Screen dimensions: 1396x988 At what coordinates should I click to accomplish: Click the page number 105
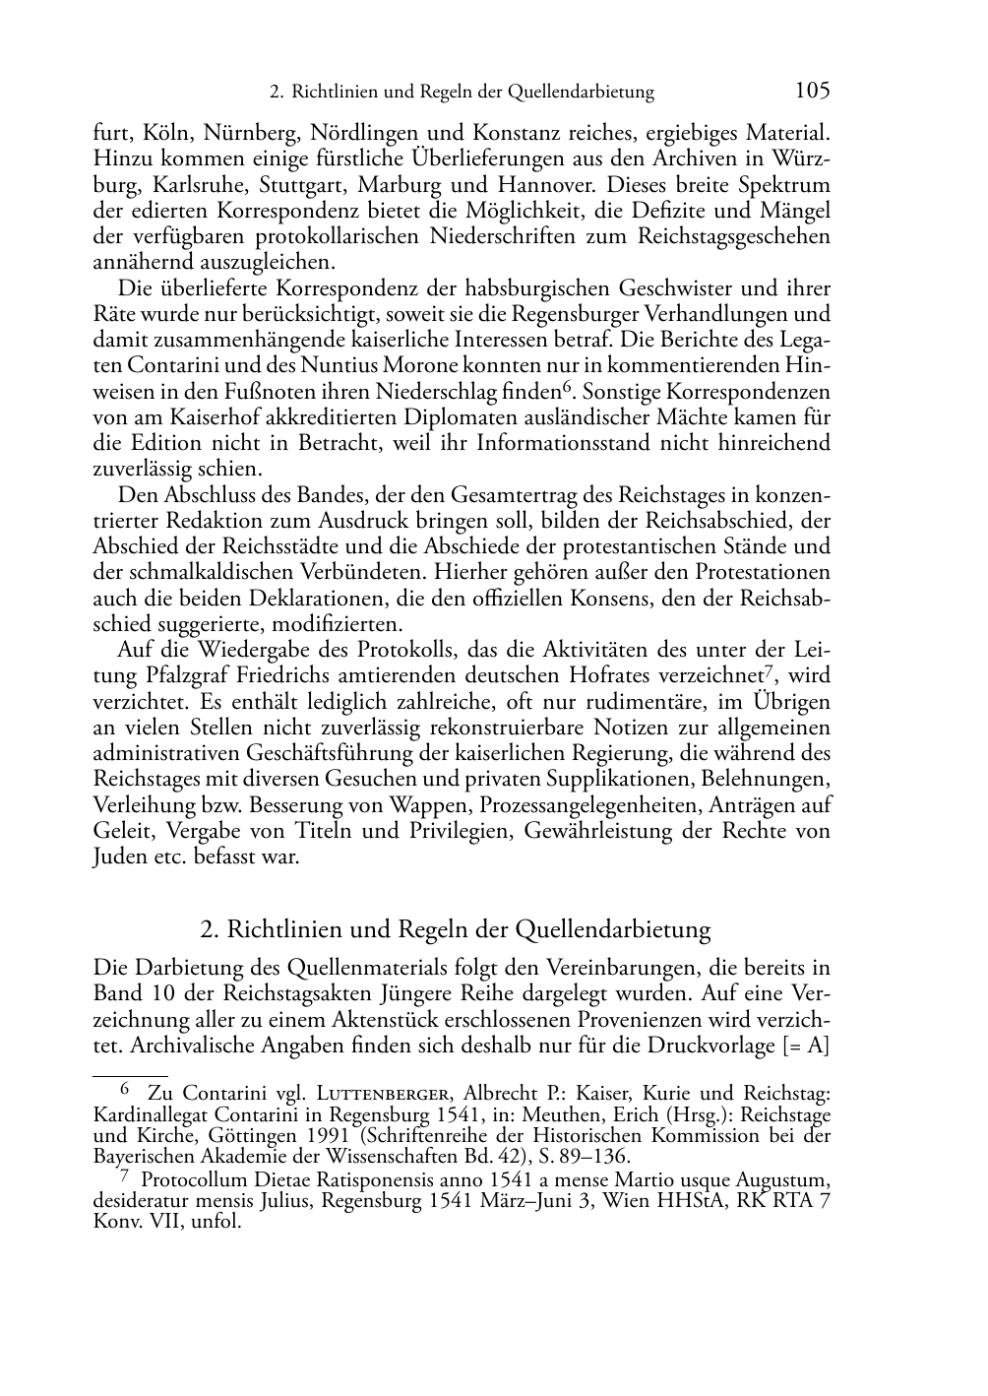[x=812, y=91]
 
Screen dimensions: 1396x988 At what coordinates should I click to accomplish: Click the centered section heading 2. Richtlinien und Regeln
[x=455, y=929]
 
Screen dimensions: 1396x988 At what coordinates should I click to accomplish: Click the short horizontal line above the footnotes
[x=130, y=1064]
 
